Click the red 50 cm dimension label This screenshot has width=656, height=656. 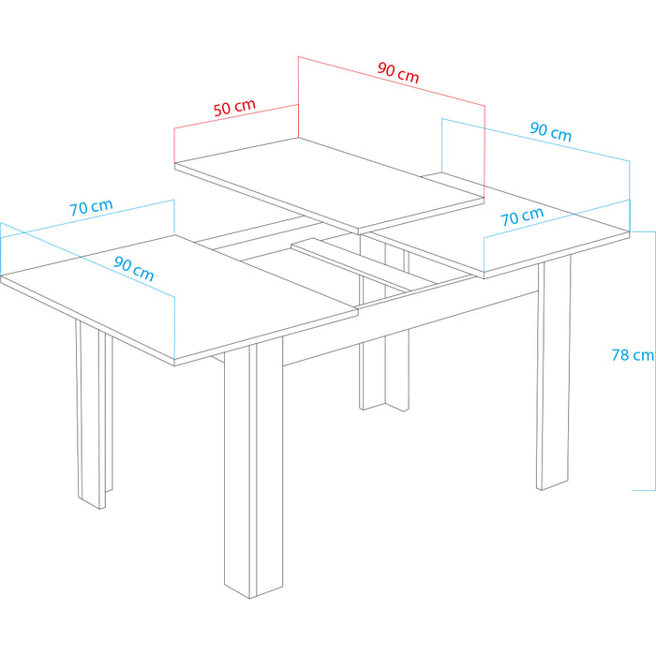tap(234, 108)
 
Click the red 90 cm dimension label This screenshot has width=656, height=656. tap(398, 72)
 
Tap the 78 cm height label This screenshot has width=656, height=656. tap(633, 355)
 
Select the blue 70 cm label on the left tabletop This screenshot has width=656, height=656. tap(91, 207)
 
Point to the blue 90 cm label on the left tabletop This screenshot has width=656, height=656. tap(134, 269)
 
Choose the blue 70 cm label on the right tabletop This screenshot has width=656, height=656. tap(522, 216)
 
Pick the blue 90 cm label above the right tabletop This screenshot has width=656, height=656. tap(551, 131)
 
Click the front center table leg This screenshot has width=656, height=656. tap(254, 469)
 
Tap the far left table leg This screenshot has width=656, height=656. tap(94, 414)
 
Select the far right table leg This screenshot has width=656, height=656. tap(554, 372)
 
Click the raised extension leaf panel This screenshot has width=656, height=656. tap(329, 184)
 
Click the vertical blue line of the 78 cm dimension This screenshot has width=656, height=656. tap(655, 361)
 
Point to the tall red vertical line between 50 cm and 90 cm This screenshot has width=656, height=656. tap(298, 97)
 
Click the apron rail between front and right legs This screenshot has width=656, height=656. tap(410, 328)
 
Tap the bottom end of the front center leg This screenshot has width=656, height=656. tap(250, 599)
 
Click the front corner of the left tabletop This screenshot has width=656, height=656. tap(174, 363)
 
